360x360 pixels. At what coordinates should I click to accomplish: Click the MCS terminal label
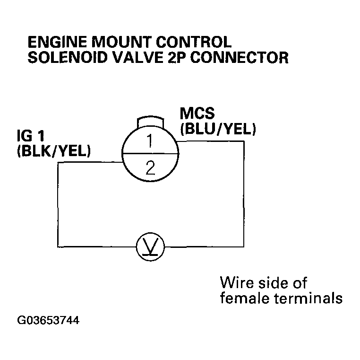[197, 114]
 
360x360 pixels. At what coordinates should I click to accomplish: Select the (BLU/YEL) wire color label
[218, 129]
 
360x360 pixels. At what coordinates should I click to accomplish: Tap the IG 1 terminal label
[31, 137]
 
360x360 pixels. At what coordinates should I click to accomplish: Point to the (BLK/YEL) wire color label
[53, 151]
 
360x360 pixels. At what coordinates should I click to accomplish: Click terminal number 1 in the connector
[149, 141]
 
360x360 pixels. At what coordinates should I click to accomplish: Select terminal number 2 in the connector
[150, 167]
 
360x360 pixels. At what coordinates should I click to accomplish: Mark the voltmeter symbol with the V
[150, 246]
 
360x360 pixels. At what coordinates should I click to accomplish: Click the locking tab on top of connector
[149, 121]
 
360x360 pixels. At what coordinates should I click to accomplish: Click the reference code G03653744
[48, 320]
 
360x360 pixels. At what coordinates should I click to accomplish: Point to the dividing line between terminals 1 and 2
[150, 153]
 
